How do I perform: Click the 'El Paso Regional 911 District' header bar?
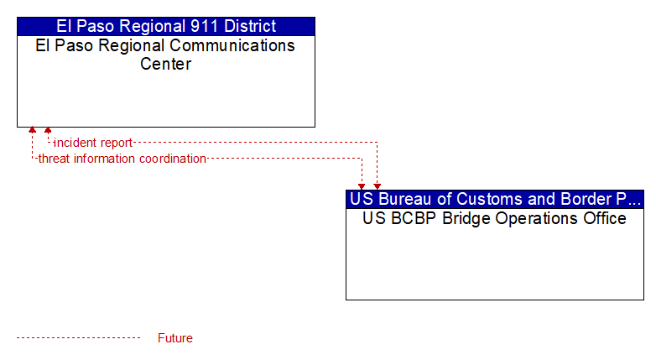point(166,26)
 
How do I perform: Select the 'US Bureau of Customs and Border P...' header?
point(495,199)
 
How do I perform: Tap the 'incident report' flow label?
point(93,143)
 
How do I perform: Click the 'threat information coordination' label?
point(122,159)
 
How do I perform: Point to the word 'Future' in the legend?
point(174,338)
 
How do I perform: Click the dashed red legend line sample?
point(78,337)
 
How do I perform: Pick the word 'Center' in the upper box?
point(165,64)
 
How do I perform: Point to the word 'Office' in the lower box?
point(605,218)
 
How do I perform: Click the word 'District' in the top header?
point(250,26)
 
